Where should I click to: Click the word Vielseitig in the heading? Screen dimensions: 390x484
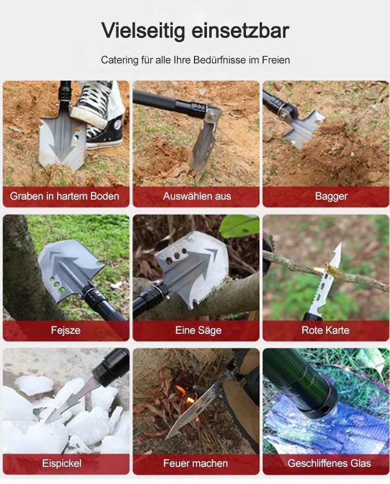(x=144, y=31)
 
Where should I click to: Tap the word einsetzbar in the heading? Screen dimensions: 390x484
(x=240, y=30)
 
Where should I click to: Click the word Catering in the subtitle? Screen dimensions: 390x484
(x=120, y=60)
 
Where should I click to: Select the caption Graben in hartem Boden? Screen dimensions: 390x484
(x=64, y=196)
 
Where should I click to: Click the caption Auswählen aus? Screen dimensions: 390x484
(x=197, y=196)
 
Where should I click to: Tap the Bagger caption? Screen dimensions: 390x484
(x=331, y=197)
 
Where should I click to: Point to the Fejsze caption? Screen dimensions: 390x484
(x=66, y=330)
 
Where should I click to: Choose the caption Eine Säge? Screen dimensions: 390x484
(x=198, y=330)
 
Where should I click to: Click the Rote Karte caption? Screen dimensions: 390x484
(x=326, y=330)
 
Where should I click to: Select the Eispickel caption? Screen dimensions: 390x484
(x=62, y=463)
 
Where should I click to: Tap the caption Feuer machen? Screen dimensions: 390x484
(x=196, y=463)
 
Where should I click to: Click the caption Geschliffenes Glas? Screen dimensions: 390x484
(x=329, y=463)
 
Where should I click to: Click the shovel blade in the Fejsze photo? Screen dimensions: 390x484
(x=70, y=268)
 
